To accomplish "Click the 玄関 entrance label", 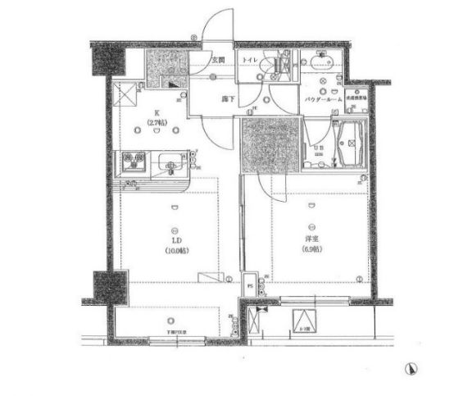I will (218, 61).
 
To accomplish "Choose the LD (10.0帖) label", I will (175, 244).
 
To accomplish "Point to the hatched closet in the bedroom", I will (262, 145).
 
